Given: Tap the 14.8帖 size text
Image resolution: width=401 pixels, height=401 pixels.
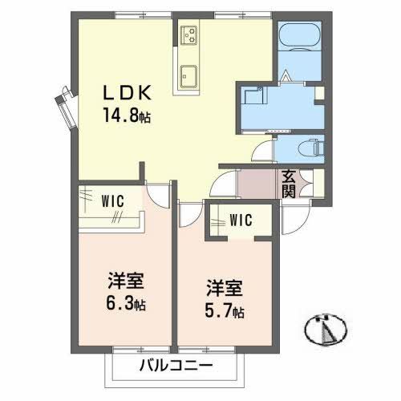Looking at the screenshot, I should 126,115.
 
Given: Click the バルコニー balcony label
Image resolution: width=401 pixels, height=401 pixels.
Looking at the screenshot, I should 176,367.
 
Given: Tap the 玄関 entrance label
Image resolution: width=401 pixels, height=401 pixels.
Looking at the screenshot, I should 288,184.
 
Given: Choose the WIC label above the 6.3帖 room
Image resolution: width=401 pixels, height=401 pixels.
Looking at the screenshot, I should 111,201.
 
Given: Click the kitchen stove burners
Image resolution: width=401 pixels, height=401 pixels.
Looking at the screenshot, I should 190,34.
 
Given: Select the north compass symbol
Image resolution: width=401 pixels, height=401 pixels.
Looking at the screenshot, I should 327,327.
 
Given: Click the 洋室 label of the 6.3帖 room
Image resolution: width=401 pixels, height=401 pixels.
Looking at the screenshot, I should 127,283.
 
